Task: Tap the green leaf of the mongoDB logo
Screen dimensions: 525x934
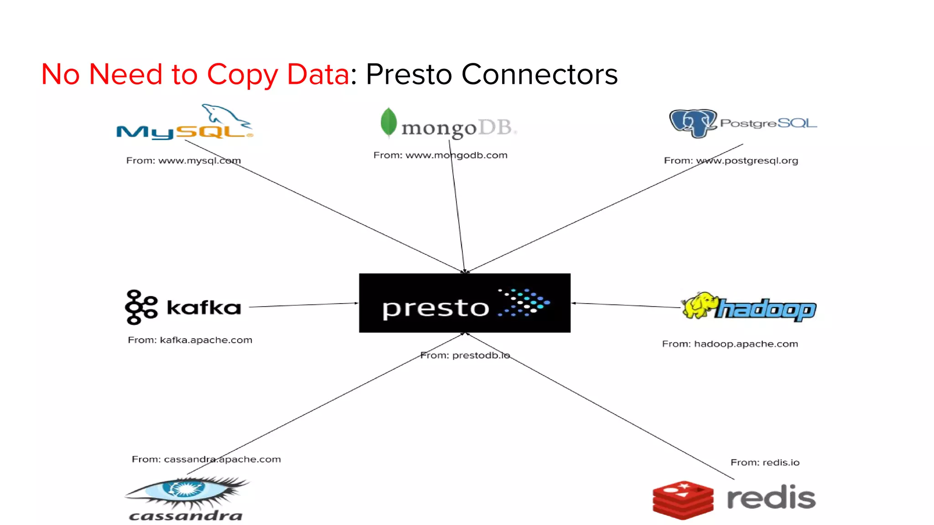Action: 389,122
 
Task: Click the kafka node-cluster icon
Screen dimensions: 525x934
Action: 141,307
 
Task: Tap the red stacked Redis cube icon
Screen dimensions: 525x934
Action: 683,499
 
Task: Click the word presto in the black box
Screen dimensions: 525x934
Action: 436,309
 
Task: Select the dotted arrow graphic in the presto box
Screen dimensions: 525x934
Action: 524,302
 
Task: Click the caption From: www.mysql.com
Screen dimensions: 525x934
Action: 183,160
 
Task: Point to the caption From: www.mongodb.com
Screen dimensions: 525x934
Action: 440,155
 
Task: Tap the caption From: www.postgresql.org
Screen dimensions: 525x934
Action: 731,160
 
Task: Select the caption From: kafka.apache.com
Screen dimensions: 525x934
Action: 190,340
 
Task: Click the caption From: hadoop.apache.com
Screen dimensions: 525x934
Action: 730,344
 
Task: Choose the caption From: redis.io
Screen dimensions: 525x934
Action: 765,463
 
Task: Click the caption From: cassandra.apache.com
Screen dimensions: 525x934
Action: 206,459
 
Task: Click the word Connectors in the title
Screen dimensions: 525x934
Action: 540,74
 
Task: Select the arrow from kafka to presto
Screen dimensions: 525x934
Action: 303,305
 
